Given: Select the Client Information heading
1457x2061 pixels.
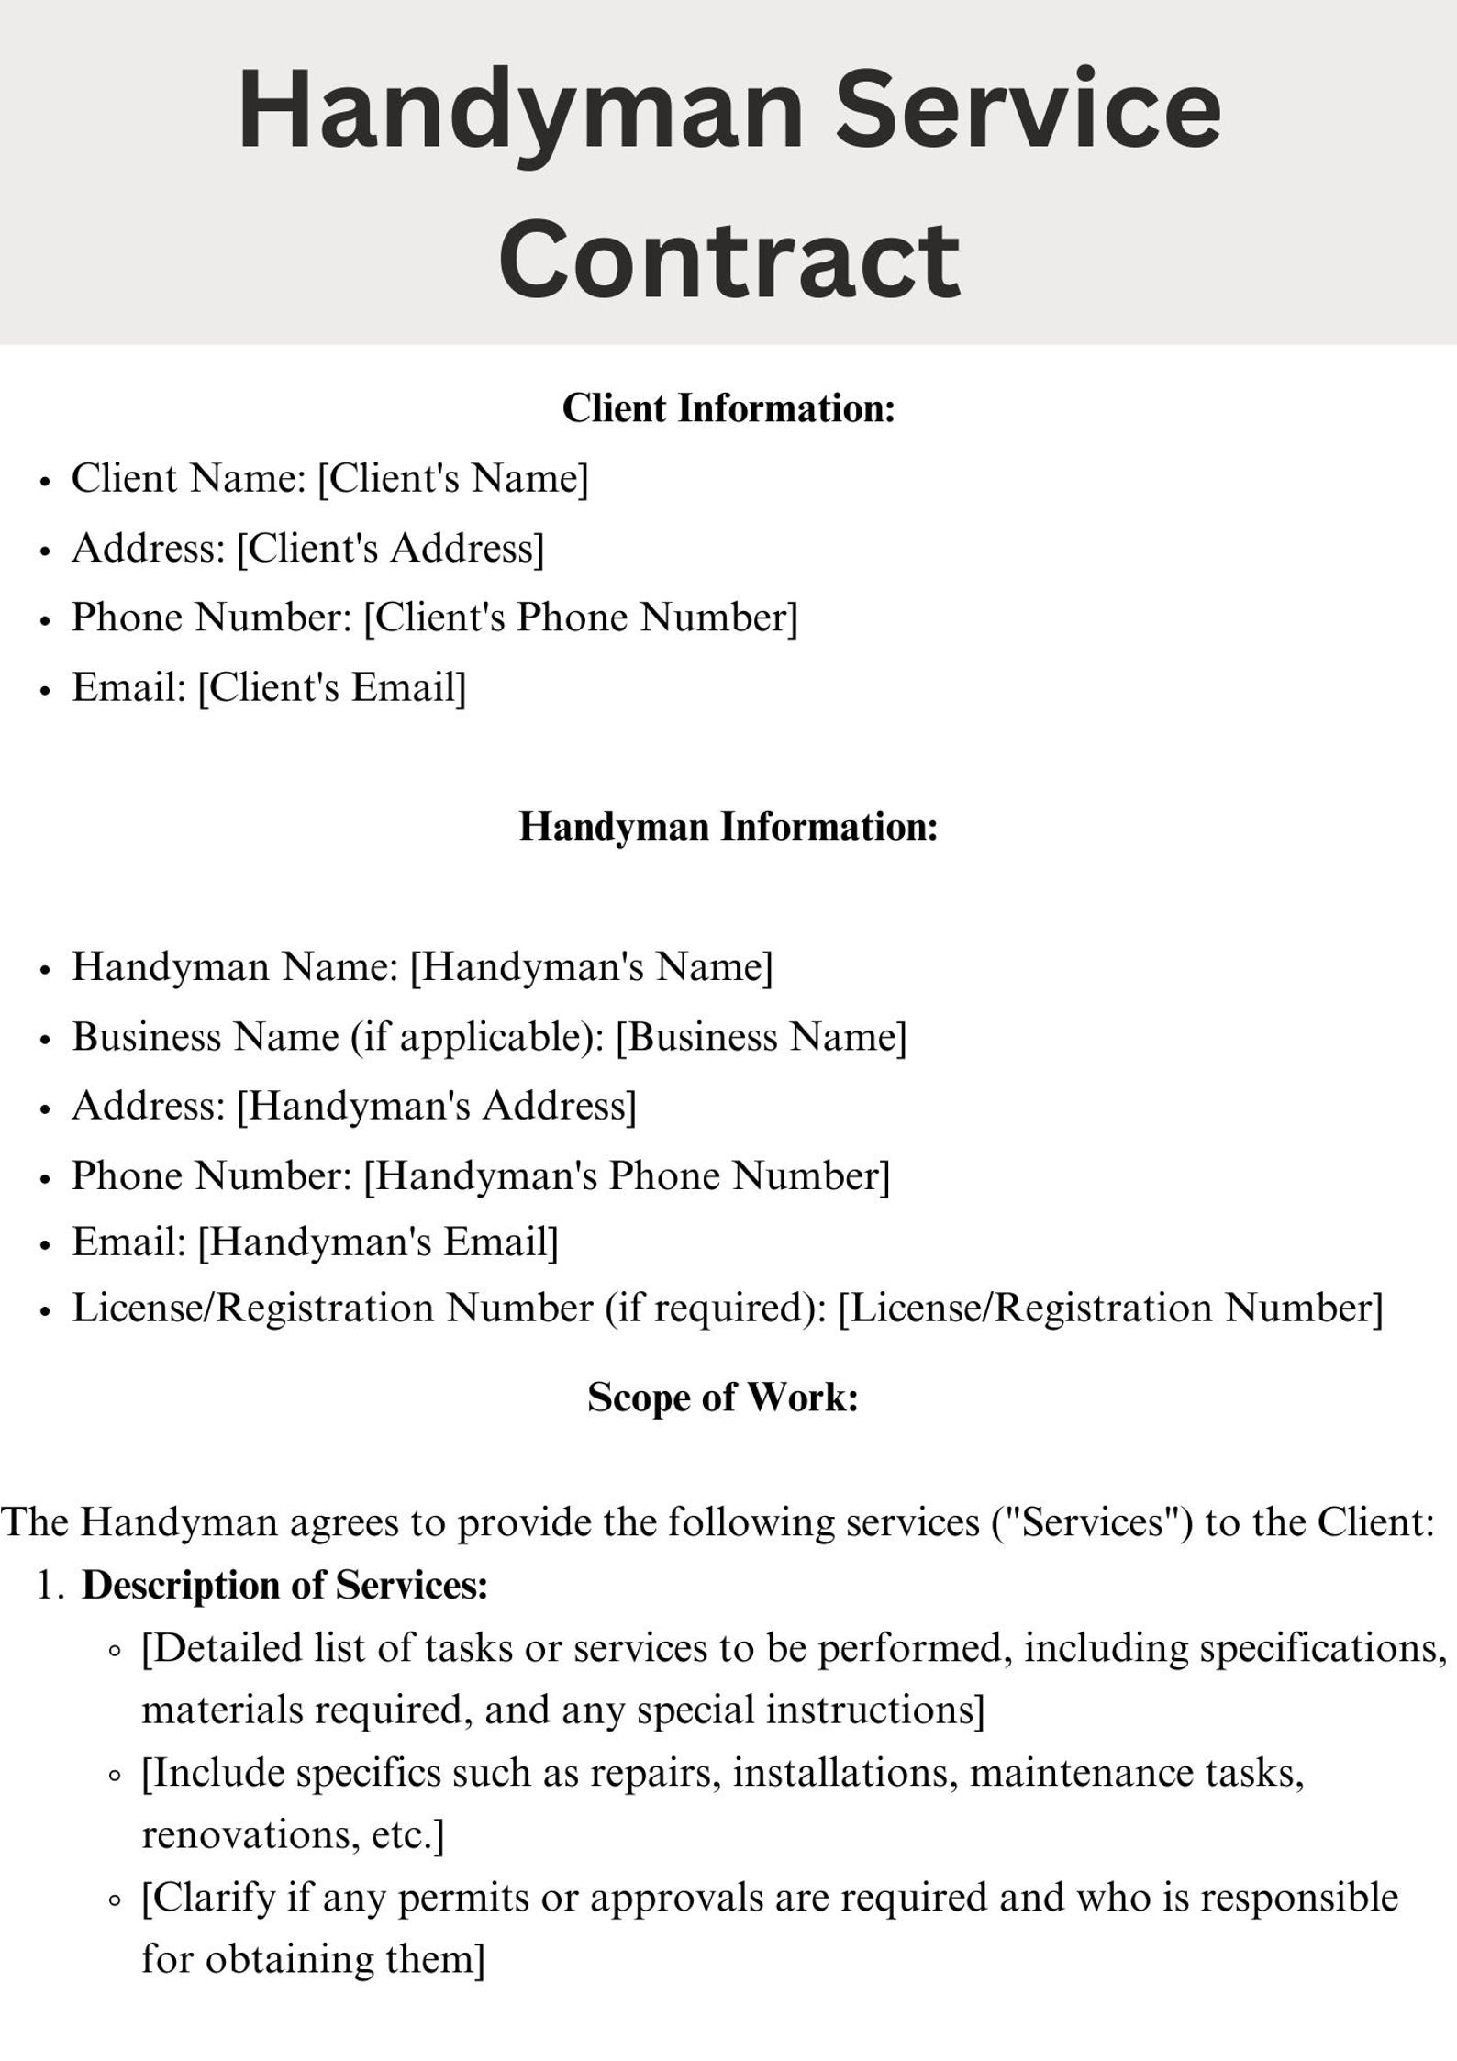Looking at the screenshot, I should click(x=728, y=408).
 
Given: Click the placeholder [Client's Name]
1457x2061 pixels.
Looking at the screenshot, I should click(x=452, y=479).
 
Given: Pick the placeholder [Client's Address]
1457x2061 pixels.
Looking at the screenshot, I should click(x=390, y=549).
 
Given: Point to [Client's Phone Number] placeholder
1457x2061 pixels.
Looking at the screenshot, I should click(x=581, y=618).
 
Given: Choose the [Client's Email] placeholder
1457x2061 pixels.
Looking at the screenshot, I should click(x=332, y=687).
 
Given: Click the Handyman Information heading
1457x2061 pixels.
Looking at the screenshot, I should click(x=728, y=827).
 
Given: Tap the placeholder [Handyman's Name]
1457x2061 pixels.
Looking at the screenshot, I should click(x=591, y=966).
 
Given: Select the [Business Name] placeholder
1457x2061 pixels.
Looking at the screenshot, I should click(x=761, y=1037).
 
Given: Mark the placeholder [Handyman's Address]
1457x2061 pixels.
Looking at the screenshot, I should click(x=436, y=1106).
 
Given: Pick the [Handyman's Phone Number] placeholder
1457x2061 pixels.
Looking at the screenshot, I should click(x=627, y=1175).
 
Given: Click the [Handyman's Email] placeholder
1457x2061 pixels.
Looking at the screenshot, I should click(x=378, y=1242).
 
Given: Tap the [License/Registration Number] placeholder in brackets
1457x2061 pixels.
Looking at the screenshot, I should click(x=1110, y=1309).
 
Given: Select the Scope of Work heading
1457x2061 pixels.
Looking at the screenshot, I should click(x=722, y=1398).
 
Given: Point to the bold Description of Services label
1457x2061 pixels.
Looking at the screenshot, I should click(x=284, y=1585).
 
